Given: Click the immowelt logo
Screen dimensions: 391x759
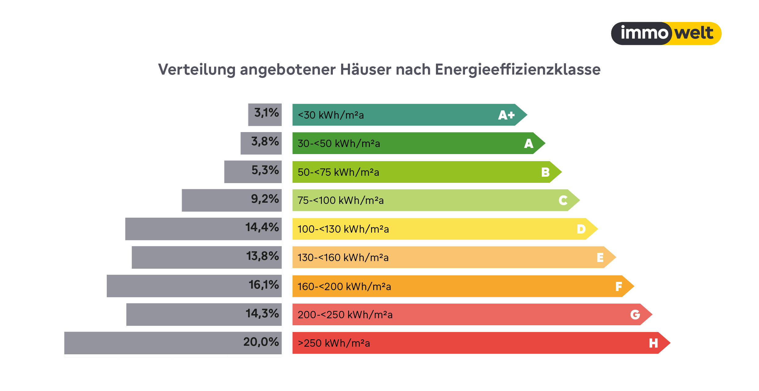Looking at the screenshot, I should click(666, 33).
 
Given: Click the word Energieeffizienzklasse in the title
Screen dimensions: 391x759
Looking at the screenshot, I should click(518, 70).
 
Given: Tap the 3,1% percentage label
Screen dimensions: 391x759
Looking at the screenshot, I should click(266, 113).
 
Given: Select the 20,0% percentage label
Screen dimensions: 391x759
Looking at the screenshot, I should click(261, 342).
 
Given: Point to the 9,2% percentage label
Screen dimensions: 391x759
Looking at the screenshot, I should click(265, 199).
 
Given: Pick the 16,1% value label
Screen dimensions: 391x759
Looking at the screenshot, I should click(264, 285).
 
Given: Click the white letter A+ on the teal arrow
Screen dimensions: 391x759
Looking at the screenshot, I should click(506, 115).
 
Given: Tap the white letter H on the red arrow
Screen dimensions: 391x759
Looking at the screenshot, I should click(653, 343).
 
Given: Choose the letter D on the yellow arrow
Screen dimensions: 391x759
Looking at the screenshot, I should click(581, 229).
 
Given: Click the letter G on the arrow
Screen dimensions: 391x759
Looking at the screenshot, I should click(635, 315).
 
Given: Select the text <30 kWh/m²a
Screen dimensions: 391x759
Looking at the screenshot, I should click(331, 115).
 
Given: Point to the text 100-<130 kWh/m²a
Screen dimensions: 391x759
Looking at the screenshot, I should click(343, 229).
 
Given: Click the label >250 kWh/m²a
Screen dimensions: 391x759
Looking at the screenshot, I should click(334, 343).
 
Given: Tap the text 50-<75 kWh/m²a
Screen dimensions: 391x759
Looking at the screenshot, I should click(338, 172).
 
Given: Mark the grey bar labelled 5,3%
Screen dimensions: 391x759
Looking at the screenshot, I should click(237, 172).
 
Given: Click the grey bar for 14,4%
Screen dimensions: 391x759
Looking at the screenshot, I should click(184, 229).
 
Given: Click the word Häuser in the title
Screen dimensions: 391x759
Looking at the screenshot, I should click(366, 70).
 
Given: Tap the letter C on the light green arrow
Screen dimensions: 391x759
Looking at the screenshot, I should click(563, 201).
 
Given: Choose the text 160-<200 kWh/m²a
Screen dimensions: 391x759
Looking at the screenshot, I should click(344, 287).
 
